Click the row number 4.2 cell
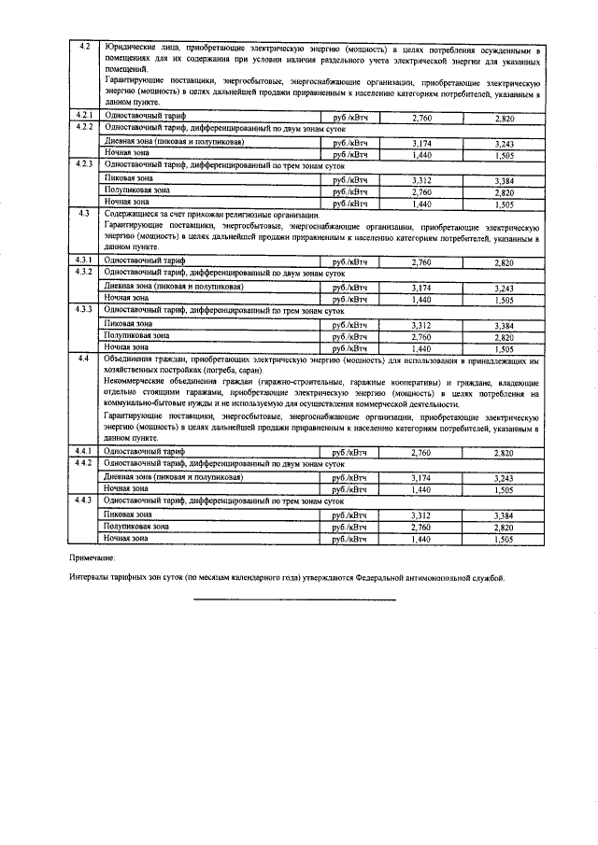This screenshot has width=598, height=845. tap(84, 48)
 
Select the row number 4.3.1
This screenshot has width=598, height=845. tap(84, 261)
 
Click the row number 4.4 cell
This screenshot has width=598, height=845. tap(84, 359)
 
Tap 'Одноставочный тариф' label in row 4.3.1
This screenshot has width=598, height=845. tap(145, 262)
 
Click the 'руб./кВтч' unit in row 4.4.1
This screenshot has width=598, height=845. tap(344, 453)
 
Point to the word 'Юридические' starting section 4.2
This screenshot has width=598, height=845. tap(131, 48)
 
